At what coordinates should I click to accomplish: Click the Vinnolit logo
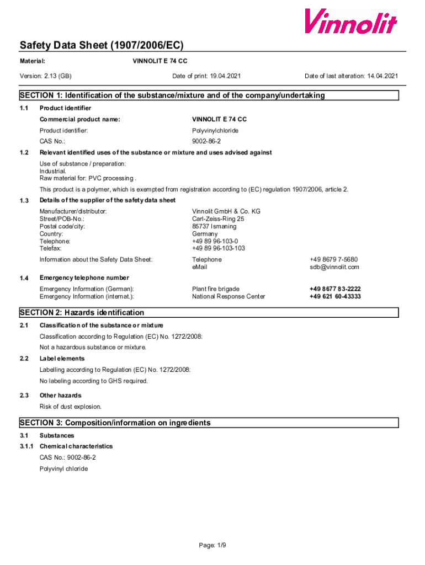350,22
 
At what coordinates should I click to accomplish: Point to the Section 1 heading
172,95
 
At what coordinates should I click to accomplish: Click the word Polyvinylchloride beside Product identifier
215,131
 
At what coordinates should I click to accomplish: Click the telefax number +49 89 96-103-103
219,248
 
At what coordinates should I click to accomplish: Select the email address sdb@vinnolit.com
334,267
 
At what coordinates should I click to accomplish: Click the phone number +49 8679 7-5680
333,259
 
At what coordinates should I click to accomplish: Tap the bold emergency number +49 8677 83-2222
335,289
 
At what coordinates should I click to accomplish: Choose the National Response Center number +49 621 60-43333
335,296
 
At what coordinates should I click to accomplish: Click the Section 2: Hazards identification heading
82,313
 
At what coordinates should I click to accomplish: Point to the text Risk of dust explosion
71,407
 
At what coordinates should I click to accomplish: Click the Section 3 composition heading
115,423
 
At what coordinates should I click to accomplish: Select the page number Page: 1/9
212,546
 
